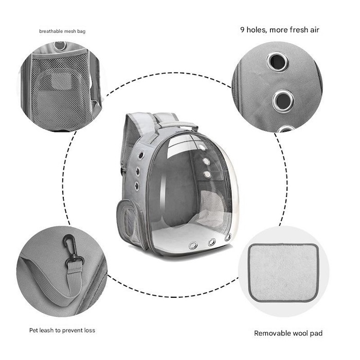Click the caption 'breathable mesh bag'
(62, 31)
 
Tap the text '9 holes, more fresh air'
(280, 30)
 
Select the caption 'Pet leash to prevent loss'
(62, 330)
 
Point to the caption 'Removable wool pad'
(288, 333)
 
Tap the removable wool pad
(284, 273)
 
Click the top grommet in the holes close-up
(278, 62)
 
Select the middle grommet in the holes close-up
(283, 101)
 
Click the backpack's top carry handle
(177, 125)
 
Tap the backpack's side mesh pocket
(129, 221)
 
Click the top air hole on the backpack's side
(141, 155)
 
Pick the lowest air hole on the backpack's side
(137, 186)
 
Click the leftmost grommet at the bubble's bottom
(193, 245)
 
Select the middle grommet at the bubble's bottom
(212, 242)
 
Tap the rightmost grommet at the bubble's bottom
(228, 237)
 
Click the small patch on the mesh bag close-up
(61, 81)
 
